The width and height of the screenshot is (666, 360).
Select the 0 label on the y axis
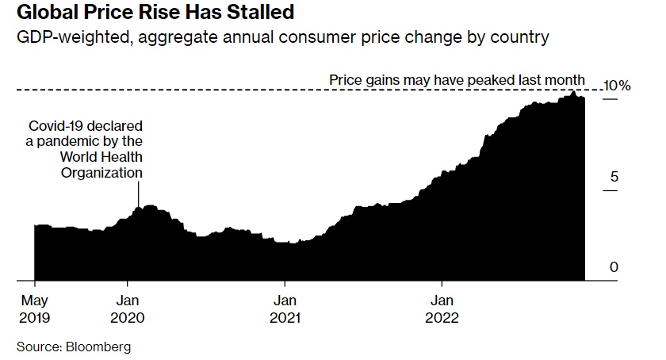coord(613,268)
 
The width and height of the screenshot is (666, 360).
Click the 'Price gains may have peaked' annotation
coord(457,79)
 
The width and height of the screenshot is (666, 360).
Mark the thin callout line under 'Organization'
coord(139,193)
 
